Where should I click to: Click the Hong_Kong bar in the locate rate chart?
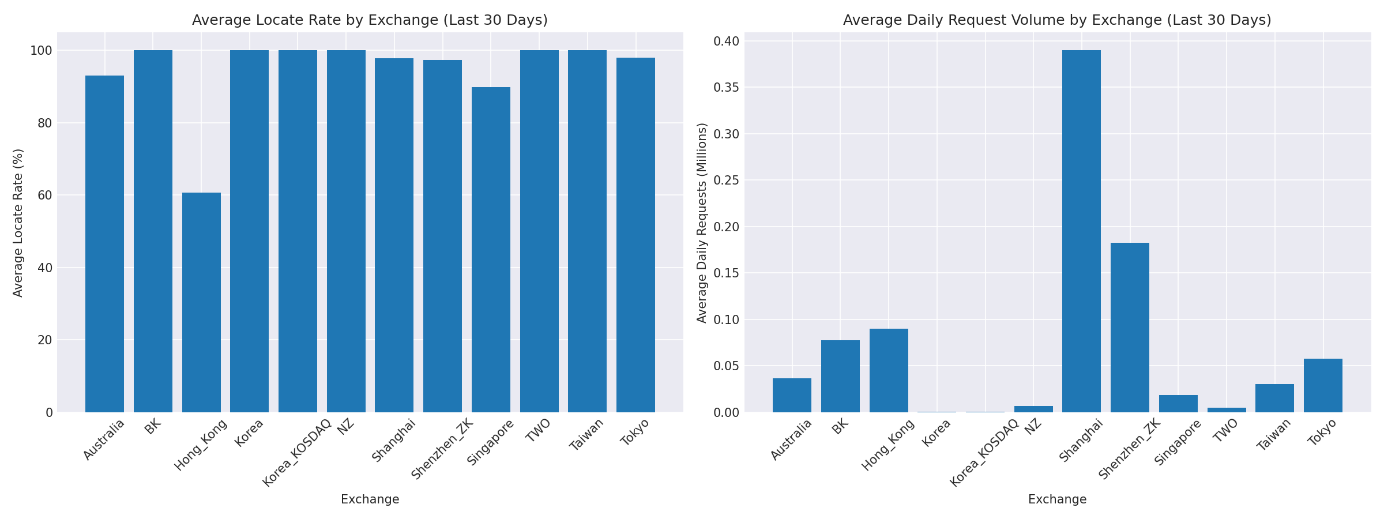[x=201, y=303]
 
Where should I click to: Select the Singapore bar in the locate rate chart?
[x=491, y=250]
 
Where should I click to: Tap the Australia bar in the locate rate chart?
[x=104, y=244]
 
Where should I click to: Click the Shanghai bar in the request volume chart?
[x=1081, y=231]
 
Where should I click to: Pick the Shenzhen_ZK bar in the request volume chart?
[x=1130, y=328]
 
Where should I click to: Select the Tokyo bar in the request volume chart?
[x=1323, y=385]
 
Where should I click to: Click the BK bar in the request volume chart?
[x=840, y=376]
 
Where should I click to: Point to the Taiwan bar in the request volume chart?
[x=1274, y=398]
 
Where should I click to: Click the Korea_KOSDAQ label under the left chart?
[x=297, y=453]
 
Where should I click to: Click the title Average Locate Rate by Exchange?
[x=370, y=20]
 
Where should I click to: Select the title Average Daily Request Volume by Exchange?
[x=1057, y=20]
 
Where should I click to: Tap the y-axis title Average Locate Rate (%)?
[x=18, y=223]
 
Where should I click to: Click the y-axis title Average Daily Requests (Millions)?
[x=702, y=223]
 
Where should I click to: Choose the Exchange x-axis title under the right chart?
[x=1057, y=499]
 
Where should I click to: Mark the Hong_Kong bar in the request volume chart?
[x=889, y=370]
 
